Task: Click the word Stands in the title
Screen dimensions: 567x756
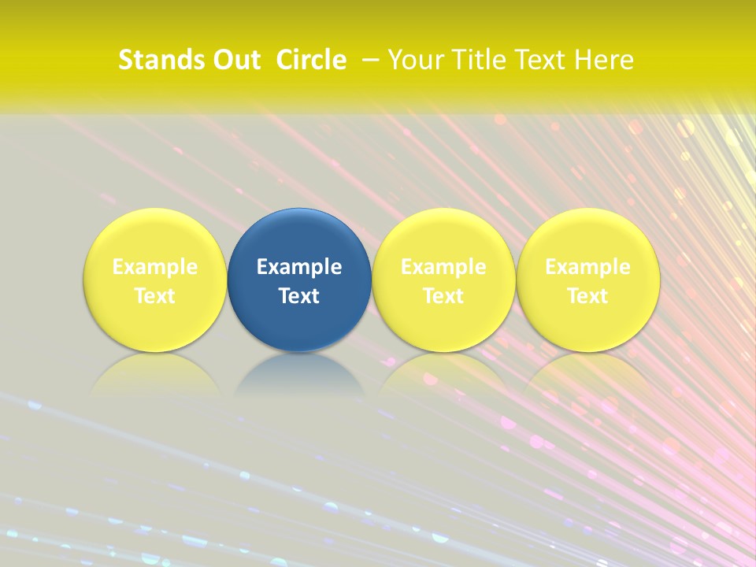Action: pyautogui.click(x=154, y=60)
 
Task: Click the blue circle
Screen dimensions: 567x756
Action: pyautogui.click(x=299, y=236)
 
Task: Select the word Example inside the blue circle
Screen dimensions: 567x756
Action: pyautogui.click(x=299, y=267)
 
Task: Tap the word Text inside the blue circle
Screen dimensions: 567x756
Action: pyautogui.click(x=299, y=296)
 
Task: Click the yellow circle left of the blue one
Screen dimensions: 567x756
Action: pyautogui.click(x=155, y=236)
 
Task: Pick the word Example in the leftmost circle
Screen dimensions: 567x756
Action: pyautogui.click(x=155, y=267)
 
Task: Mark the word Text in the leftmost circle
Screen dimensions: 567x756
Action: pyautogui.click(x=155, y=296)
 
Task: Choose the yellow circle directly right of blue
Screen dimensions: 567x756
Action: pyautogui.click(x=443, y=236)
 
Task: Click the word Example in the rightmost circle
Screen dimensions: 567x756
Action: pyautogui.click(x=587, y=267)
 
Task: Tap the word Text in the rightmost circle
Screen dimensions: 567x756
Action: pyautogui.click(x=587, y=296)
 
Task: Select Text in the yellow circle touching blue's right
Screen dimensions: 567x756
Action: pyautogui.click(x=443, y=296)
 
